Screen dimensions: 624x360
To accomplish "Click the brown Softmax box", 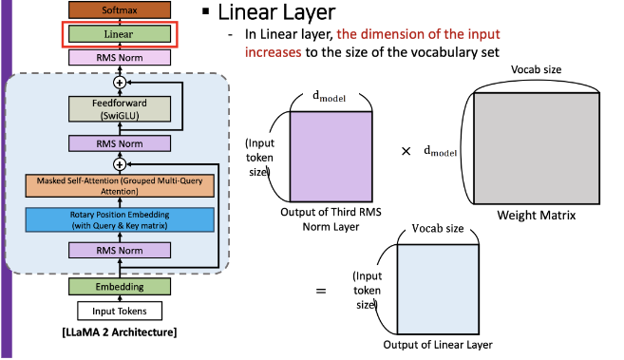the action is pos(120,9).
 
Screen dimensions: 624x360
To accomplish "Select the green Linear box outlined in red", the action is pos(120,34).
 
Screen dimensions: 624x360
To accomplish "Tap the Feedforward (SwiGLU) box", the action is pos(120,109).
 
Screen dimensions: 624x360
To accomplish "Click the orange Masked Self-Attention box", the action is pos(120,186).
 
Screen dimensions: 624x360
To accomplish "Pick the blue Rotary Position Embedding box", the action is pos(120,219).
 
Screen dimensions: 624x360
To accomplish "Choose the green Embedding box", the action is pos(120,287).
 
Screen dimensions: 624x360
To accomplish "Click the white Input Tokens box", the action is pos(120,311).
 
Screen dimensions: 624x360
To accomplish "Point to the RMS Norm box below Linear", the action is pos(120,58).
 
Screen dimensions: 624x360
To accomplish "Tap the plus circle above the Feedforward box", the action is pos(120,83).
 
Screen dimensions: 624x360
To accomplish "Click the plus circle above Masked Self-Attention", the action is pos(120,164).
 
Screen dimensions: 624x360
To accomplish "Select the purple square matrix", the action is pos(331,157).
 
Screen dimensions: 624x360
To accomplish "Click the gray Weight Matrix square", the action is pos(537,148).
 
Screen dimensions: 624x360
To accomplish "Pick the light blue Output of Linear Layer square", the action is pos(438,289).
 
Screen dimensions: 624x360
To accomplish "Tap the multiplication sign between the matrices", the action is pos(406,151).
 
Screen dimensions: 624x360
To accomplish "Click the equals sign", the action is pos(321,292).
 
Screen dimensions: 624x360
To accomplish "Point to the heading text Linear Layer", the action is pos(276,12).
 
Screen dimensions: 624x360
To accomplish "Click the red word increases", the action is pos(273,52).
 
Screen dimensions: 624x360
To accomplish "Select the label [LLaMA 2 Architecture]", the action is pos(120,332).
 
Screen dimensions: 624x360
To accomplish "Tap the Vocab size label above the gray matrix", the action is pos(536,69).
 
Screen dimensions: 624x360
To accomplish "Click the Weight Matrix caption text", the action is pos(536,216).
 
